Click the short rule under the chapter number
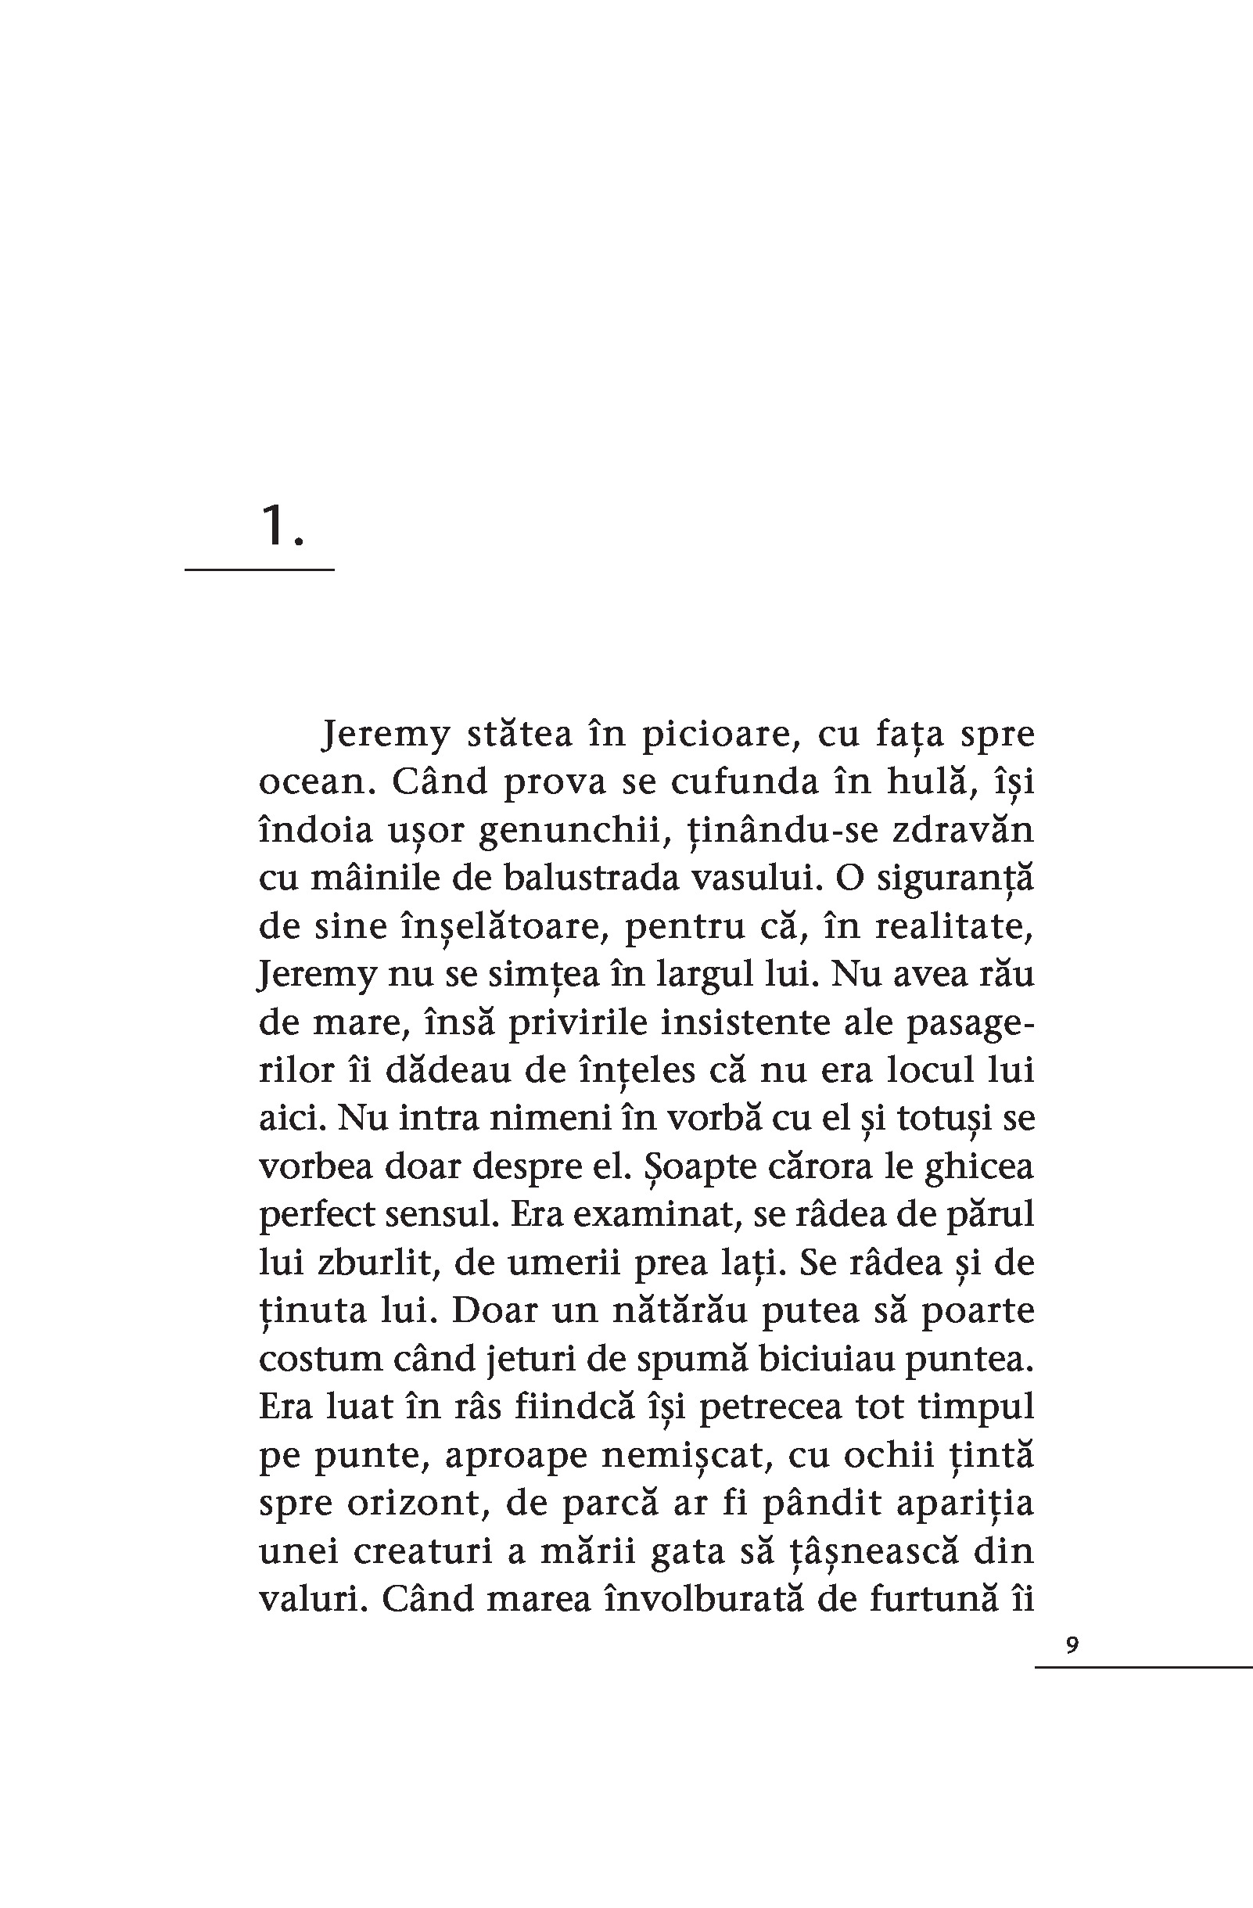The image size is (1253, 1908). pos(259,570)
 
